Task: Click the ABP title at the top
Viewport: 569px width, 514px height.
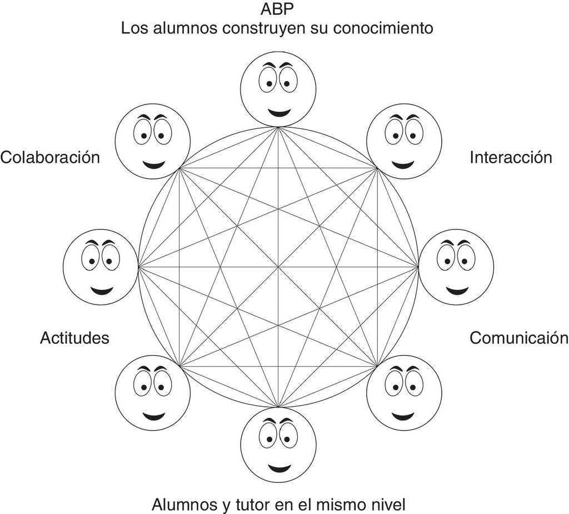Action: coord(277,9)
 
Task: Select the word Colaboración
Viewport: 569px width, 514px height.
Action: coord(50,157)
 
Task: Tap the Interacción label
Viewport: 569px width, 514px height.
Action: coord(511,157)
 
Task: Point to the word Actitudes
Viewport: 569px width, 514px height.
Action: coord(74,338)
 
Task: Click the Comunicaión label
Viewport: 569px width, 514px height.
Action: coord(519,338)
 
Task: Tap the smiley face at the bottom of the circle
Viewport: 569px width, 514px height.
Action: coord(278,445)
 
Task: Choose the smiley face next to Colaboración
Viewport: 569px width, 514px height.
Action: coord(153,141)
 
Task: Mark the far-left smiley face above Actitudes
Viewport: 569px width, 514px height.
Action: coord(101,267)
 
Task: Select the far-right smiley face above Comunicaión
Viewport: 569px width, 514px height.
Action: coord(456,267)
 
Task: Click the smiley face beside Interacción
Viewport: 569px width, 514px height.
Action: coord(404,141)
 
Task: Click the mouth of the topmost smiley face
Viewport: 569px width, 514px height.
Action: coord(278,113)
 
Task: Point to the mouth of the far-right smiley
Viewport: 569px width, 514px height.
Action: coord(456,291)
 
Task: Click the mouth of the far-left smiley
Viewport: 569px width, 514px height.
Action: coord(102,291)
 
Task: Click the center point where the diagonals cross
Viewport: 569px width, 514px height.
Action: coord(278,267)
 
